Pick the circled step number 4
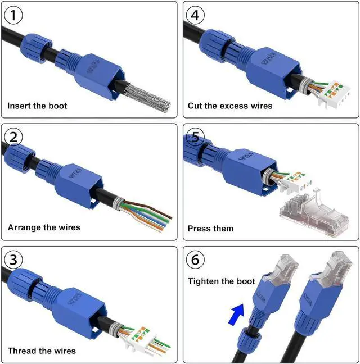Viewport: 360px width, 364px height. pos(196,15)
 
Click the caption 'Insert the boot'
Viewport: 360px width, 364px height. pos(37,106)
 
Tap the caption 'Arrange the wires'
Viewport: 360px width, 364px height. pos(44,228)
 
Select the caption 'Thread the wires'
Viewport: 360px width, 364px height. pos(42,351)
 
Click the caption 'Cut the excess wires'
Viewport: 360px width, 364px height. pos(230,106)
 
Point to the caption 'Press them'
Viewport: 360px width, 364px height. pos(210,229)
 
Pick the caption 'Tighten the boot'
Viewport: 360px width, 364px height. pos(222,281)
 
